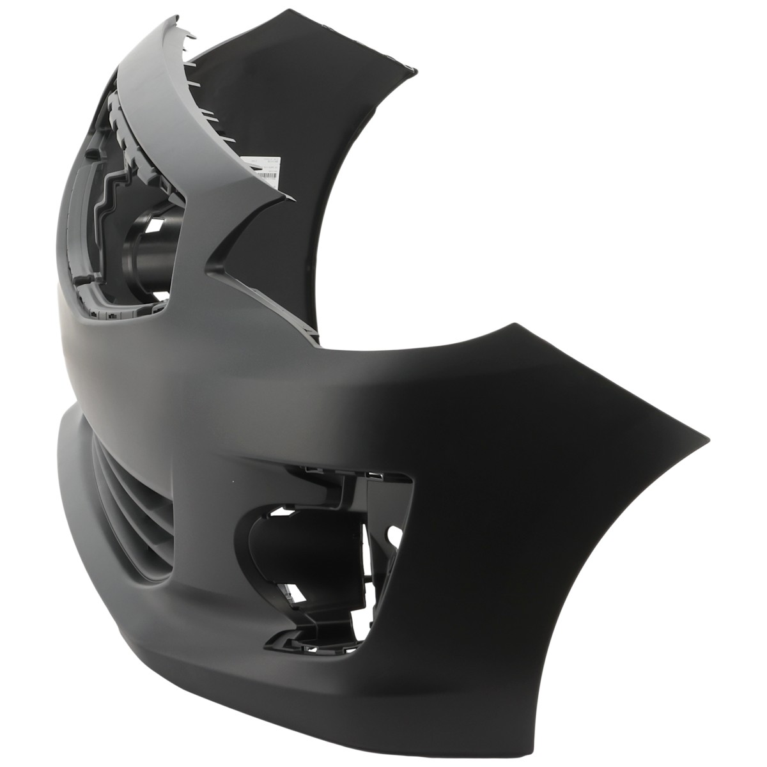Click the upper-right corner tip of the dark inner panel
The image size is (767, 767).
416,68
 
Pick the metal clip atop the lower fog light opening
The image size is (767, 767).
374,477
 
